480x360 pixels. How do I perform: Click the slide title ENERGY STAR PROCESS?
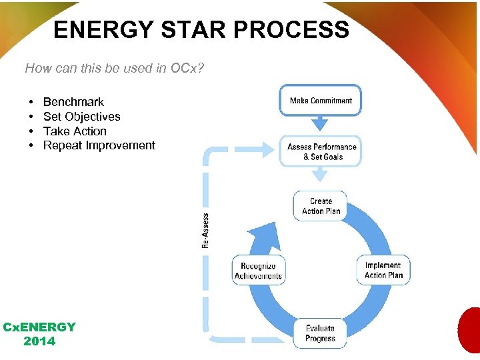pyautogui.click(x=201, y=29)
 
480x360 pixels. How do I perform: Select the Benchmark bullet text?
pyautogui.click(x=73, y=102)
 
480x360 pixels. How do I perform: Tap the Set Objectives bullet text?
pyautogui.click(x=81, y=117)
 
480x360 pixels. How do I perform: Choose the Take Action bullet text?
pyautogui.click(x=75, y=131)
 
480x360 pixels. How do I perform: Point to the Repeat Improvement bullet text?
pyautogui.click(x=99, y=145)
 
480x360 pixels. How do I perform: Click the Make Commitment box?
pyautogui.click(x=321, y=101)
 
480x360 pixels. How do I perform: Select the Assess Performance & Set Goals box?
pyautogui.click(x=321, y=151)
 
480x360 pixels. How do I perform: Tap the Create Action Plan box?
pyautogui.click(x=321, y=206)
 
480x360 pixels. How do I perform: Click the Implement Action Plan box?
pyautogui.click(x=383, y=270)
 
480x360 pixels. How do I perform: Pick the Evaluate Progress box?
pyautogui.click(x=321, y=333)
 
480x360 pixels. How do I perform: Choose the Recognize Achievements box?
pyautogui.click(x=258, y=270)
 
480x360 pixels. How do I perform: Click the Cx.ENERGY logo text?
pyautogui.click(x=39, y=327)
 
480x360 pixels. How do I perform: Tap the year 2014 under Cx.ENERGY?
pyautogui.click(x=39, y=341)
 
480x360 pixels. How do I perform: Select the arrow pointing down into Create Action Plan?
pyautogui.click(x=321, y=175)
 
